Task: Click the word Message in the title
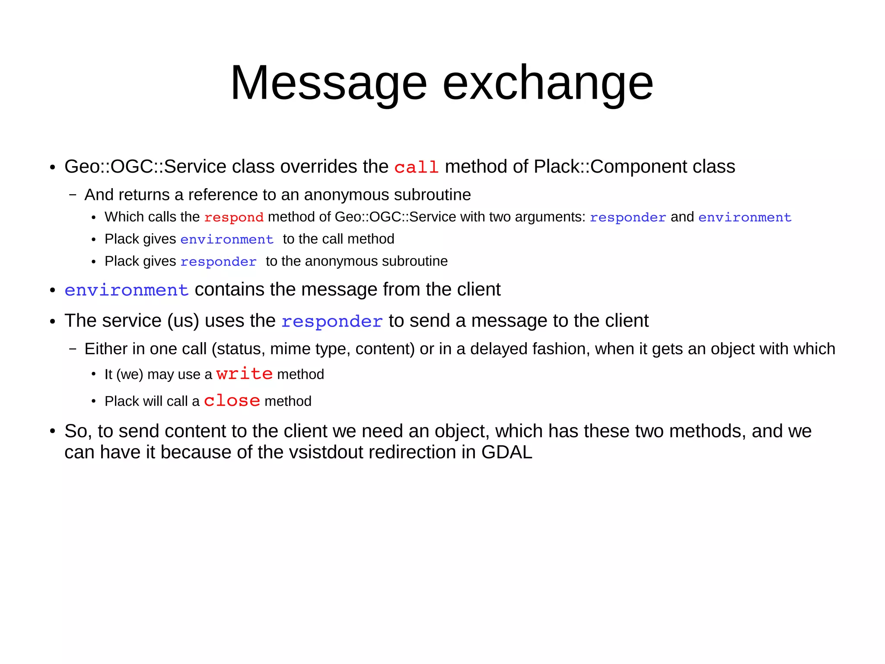[328, 83]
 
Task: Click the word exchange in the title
[548, 83]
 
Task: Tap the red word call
[416, 167]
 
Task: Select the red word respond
[234, 217]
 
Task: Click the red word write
[244, 374]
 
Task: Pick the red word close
[232, 401]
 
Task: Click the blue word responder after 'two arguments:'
[627, 217]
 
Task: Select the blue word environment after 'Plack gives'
[227, 239]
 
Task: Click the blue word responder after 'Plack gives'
[218, 262]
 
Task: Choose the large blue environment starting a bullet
[127, 290]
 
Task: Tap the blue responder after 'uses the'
[332, 321]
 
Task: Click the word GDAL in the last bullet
[506, 452]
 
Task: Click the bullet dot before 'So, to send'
[53, 431]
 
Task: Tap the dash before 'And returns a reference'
[73, 195]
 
